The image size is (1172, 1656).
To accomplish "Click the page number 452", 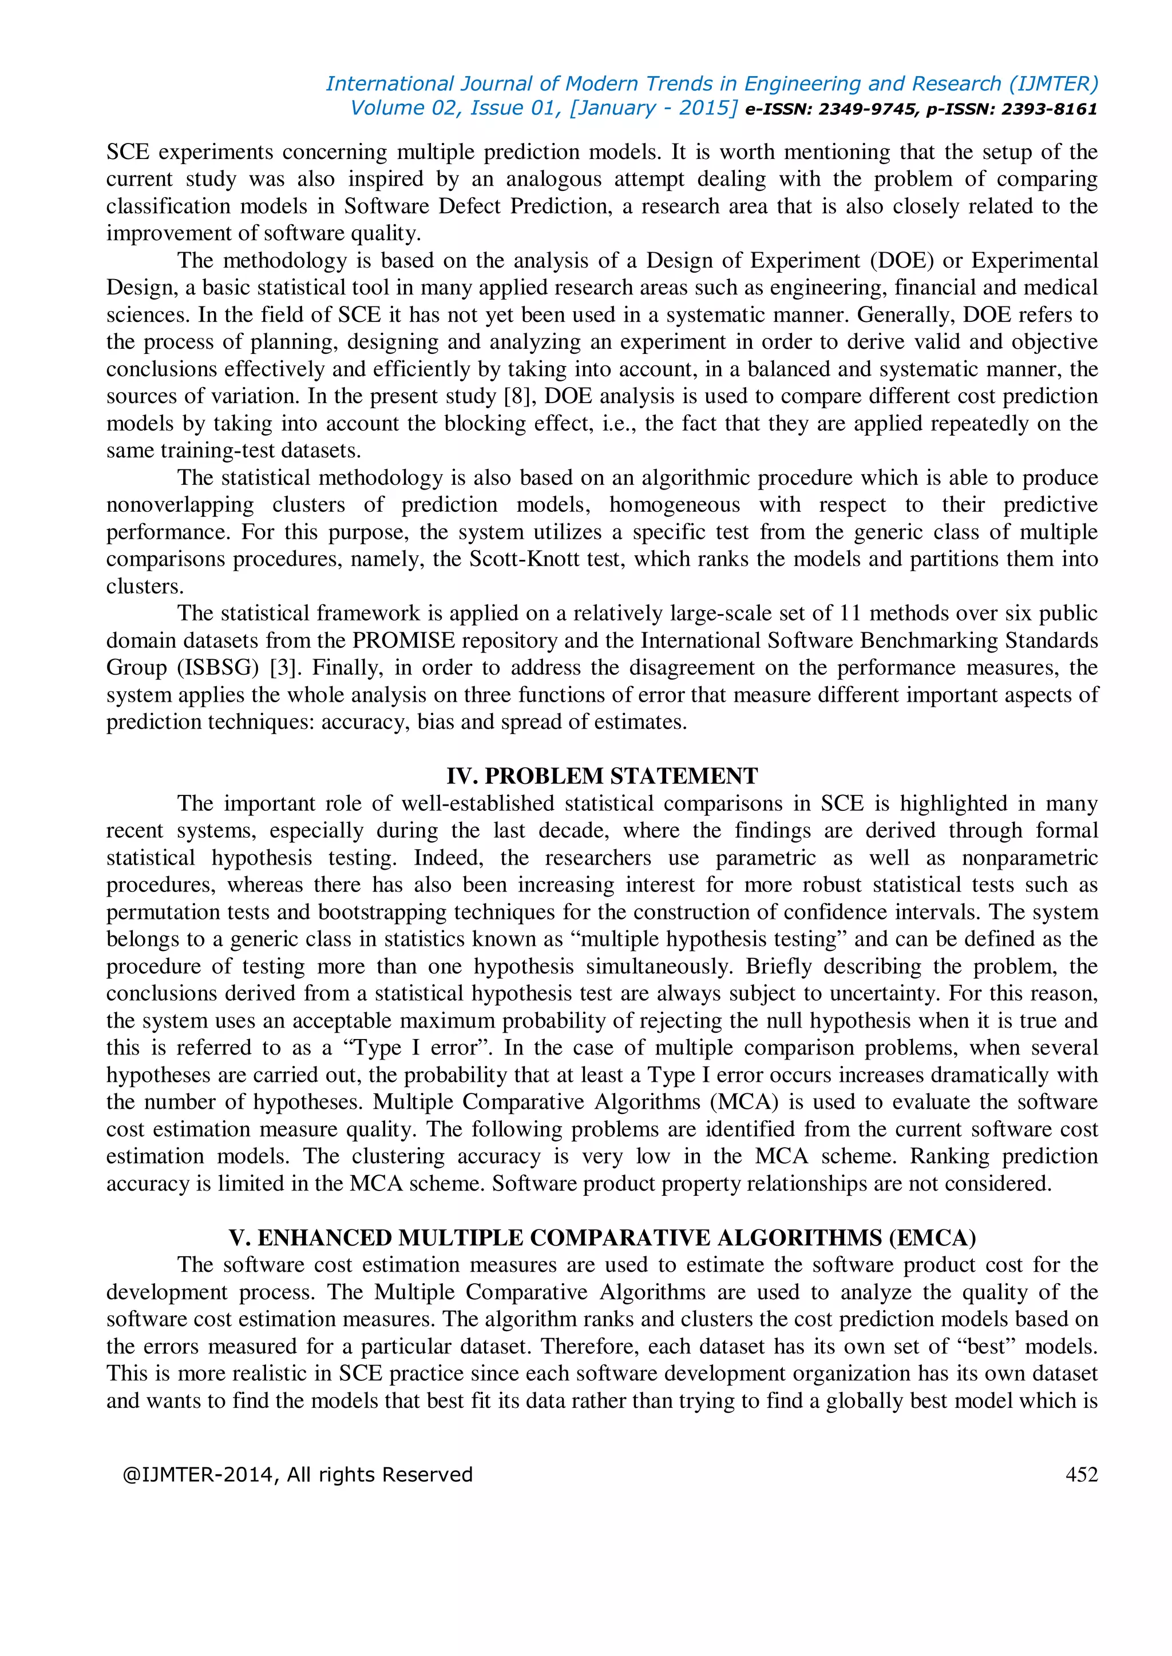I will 1081,1474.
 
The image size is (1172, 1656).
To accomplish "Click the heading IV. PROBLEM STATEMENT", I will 602,775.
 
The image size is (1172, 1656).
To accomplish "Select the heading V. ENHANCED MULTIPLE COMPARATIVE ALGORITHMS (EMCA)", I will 602,1237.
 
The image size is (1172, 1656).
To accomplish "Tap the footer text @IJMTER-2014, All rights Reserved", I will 298,1474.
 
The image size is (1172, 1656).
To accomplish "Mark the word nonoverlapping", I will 180,505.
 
